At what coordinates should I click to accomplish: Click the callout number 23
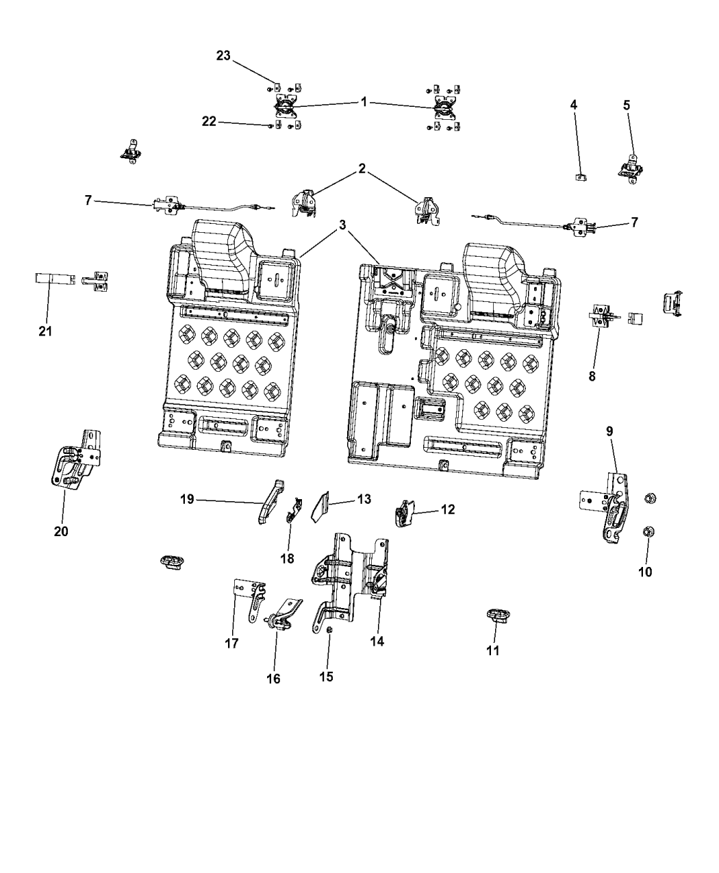point(223,56)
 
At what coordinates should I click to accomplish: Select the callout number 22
point(208,121)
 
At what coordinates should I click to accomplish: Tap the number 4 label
point(574,105)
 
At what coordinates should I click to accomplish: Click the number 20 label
point(61,531)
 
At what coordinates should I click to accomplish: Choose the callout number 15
point(326,676)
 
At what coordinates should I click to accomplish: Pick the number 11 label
point(493,650)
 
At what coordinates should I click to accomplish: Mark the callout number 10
point(645,572)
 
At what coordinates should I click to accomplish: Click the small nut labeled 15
point(330,630)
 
